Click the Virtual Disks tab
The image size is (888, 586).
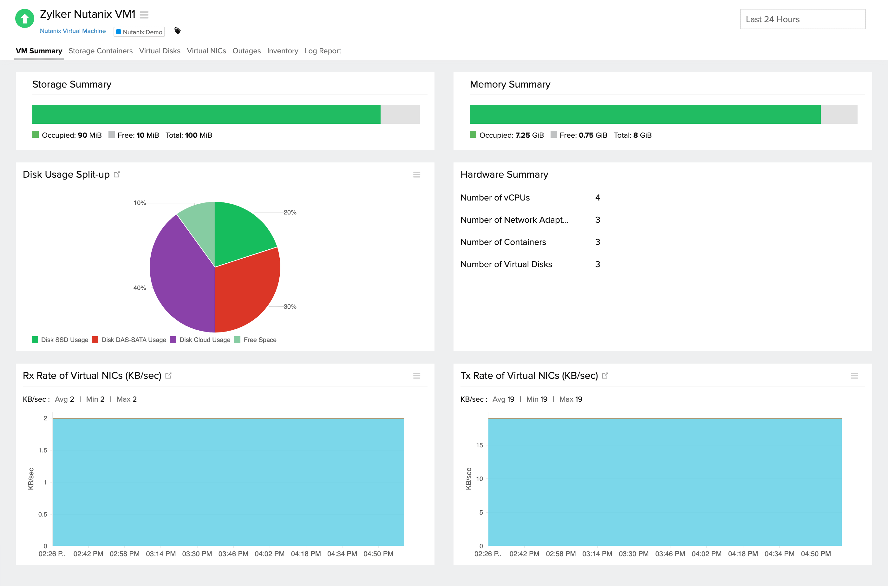click(160, 51)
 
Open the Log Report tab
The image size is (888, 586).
click(323, 51)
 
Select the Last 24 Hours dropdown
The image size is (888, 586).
click(802, 19)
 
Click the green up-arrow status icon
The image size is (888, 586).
click(25, 18)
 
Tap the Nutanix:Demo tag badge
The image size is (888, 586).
click(139, 32)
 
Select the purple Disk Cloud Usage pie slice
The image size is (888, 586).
click(179, 273)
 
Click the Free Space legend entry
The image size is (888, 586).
click(259, 340)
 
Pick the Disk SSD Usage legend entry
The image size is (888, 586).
click(64, 340)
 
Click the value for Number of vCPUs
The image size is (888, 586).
click(597, 198)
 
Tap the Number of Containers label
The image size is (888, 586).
click(503, 242)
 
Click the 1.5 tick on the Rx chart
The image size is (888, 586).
click(43, 450)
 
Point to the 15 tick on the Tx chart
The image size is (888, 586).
click(479, 445)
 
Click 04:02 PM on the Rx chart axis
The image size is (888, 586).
click(269, 554)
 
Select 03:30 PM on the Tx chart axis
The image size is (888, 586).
click(633, 554)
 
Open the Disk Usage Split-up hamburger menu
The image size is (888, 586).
click(416, 174)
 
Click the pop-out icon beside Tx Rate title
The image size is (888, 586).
click(605, 376)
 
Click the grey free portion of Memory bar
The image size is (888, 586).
click(839, 114)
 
